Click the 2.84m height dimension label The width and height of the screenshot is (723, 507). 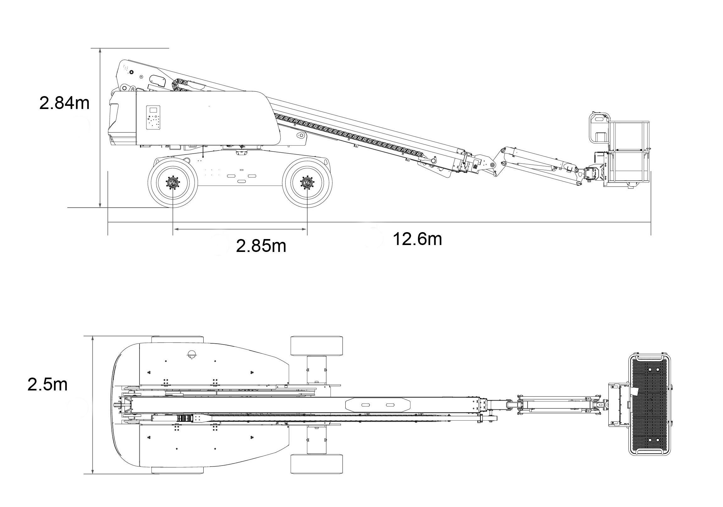pos(64,103)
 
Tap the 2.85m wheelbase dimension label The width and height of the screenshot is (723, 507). pos(261,246)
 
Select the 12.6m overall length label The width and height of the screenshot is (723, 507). pos(417,239)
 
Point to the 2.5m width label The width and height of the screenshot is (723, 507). pos(47,384)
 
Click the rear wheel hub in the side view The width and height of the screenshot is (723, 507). pos(173,183)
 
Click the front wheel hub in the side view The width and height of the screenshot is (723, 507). pos(307,183)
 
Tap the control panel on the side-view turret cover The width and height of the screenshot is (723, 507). pos(153,117)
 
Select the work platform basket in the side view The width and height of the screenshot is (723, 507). pos(628,153)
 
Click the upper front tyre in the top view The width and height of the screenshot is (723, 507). pos(316,346)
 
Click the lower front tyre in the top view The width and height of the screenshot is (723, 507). pos(316,464)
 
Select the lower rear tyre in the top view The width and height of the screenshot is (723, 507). pos(177,470)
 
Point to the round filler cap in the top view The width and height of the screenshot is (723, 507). pos(191,354)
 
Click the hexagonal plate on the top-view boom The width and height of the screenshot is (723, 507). pos(378,405)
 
